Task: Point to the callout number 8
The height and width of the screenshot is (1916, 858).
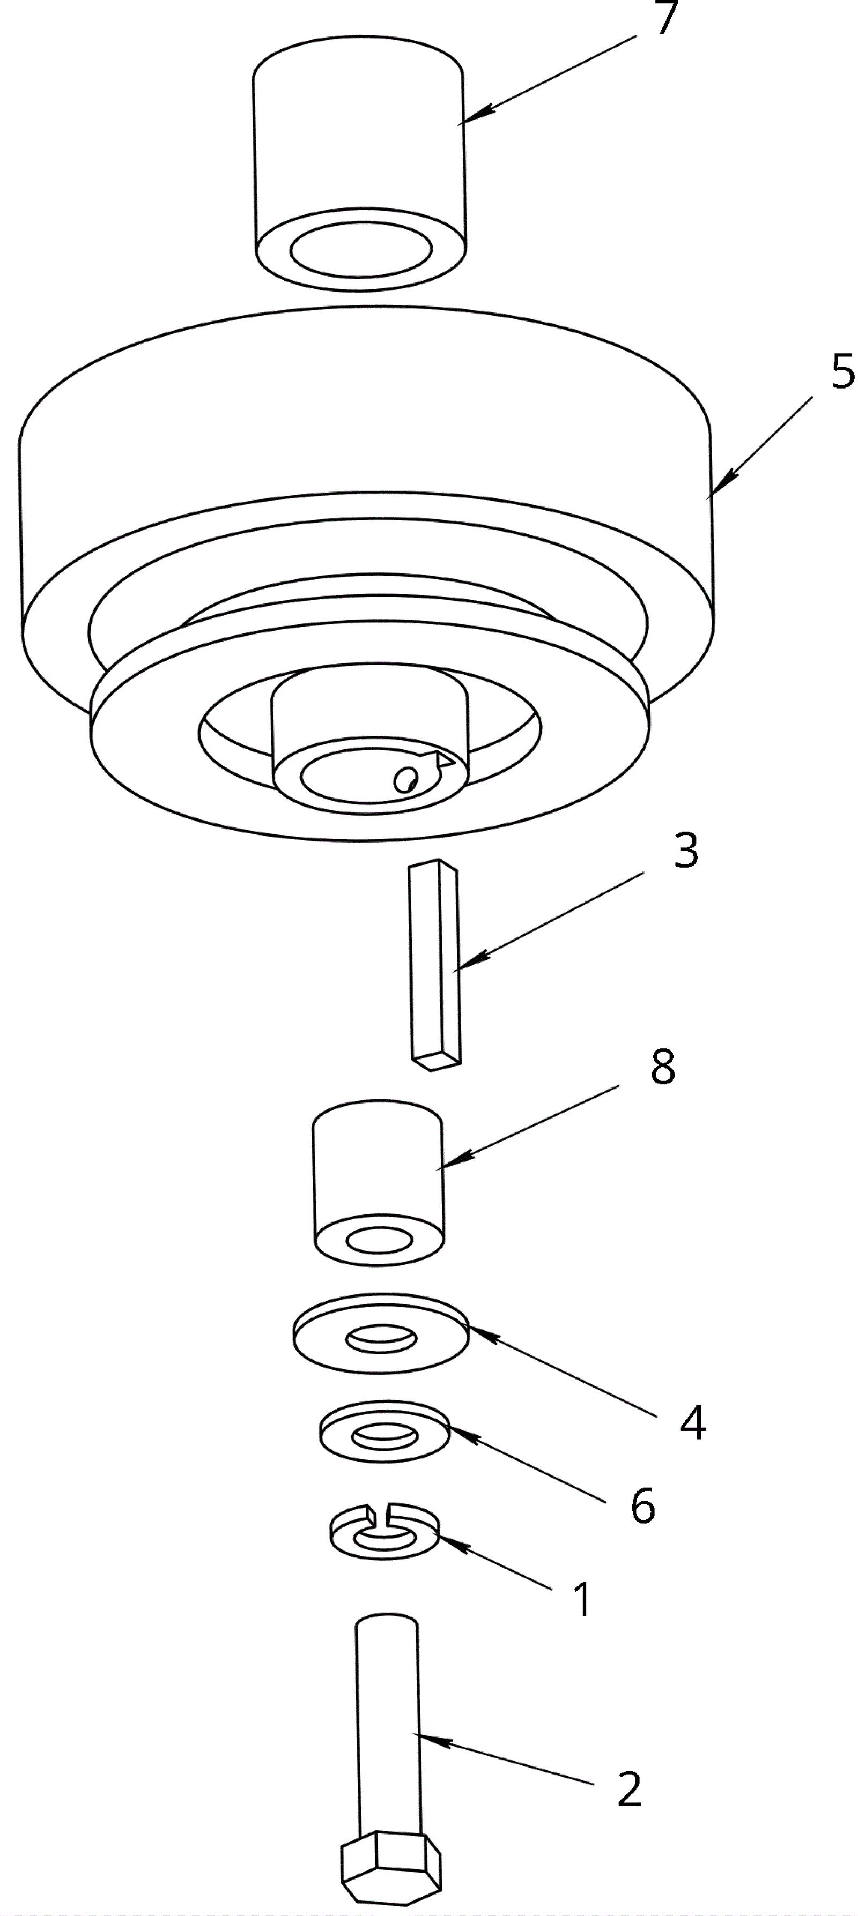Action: [662, 1066]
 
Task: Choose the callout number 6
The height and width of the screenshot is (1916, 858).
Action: [643, 1506]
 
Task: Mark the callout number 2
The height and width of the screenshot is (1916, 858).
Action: [630, 1790]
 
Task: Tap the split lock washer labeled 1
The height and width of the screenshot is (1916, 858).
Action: [384, 1531]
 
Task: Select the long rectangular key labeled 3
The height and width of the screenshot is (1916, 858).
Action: [434, 965]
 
